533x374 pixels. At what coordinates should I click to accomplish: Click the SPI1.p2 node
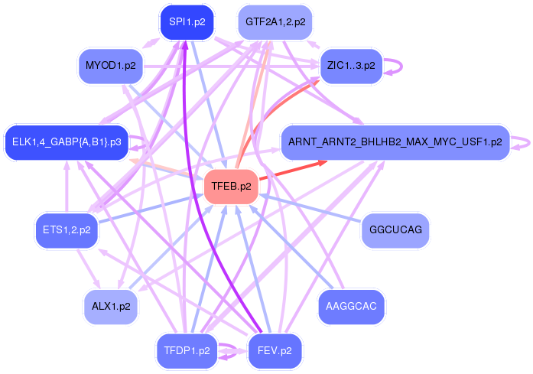pyautogui.click(x=187, y=22)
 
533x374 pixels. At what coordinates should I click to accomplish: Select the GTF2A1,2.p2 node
pyautogui.click(x=275, y=22)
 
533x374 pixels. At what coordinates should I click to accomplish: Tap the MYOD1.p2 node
pyautogui.click(x=111, y=66)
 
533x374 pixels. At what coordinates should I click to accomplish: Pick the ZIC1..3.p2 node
pyautogui.click(x=351, y=66)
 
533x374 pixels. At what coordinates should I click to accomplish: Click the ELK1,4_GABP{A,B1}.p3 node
pyautogui.click(x=66, y=142)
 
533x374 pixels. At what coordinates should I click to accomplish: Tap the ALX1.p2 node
pyautogui.click(x=110, y=307)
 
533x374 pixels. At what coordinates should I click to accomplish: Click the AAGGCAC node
pyautogui.click(x=351, y=307)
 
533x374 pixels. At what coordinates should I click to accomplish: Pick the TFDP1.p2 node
pyautogui.click(x=187, y=351)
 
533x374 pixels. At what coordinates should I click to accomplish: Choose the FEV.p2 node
pyautogui.click(x=275, y=351)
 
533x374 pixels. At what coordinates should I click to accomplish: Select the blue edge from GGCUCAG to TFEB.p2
pyautogui.click(x=314, y=209)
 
